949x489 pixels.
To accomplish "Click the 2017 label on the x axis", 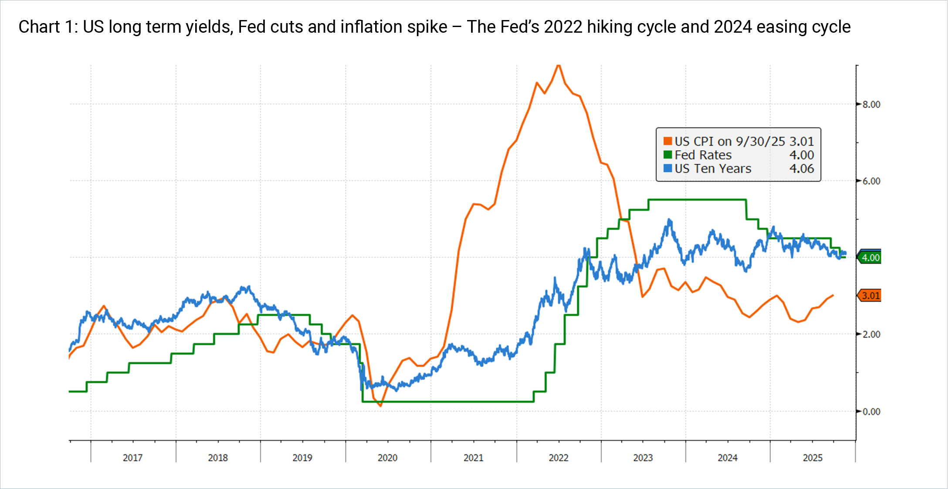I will (132, 458).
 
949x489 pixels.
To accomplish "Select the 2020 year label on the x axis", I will (387, 458).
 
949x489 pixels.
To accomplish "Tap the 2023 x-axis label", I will (643, 458).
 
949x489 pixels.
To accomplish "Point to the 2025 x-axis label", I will (813, 458).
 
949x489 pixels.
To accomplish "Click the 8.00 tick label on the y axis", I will (871, 105).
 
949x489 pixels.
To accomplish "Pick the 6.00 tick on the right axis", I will (871, 181).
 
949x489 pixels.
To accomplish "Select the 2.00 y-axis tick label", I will (871, 335).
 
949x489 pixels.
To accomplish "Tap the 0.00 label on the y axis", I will (871, 412).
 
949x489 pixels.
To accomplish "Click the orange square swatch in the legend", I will (668, 141).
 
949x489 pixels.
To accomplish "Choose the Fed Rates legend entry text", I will (703, 155).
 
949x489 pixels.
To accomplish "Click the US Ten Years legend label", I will (713, 169).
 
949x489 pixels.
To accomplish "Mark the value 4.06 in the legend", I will (801, 169).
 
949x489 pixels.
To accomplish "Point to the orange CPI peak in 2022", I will (559, 65).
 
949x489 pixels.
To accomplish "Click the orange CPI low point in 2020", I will (380, 406).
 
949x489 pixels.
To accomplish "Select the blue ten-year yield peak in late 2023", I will (669, 221).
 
